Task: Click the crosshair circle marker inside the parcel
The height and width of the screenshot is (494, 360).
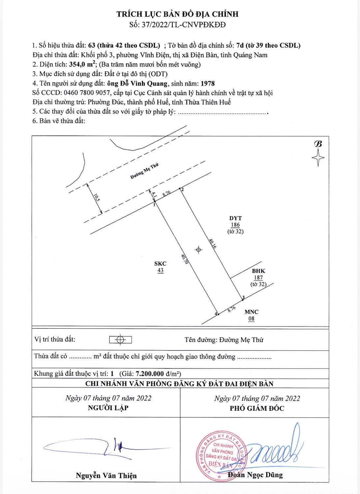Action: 198,250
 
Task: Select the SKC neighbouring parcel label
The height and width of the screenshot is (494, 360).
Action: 160,264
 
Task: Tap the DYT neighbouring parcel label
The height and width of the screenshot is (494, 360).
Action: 235,218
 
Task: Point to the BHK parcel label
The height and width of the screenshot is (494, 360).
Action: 259,271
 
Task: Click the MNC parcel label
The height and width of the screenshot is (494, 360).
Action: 251,312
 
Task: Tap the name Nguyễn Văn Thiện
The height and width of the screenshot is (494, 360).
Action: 106,475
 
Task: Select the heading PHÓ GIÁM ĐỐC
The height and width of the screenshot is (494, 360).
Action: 257,408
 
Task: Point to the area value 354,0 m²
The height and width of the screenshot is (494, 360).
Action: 82,64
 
